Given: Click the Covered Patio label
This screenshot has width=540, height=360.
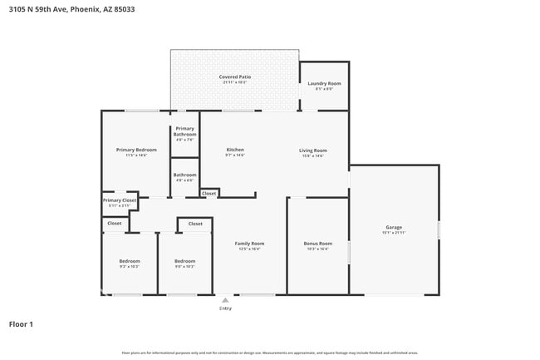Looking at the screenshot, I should pyautogui.click(x=235, y=76).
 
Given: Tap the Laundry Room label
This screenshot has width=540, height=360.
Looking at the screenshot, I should pyautogui.click(x=324, y=83).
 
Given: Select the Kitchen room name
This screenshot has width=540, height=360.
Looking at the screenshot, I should pyautogui.click(x=235, y=150).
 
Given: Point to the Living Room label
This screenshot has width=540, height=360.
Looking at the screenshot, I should pyautogui.click(x=312, y=150).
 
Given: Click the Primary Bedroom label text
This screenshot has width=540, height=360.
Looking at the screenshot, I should pyautogui.click(x=135, y=150).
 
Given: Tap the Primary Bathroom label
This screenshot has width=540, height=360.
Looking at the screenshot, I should pyautogui.click(x=184, y=131).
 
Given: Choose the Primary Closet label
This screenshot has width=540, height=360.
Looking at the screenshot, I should pyautogui.click(x=119, y=200).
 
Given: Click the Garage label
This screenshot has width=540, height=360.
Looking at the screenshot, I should pyautogui.click(x=393, y=227).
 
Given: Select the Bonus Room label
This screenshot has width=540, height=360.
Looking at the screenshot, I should pyautogui.click(x=317, y=244).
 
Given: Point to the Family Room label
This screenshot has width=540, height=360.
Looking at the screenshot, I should pyautogui.click(x=250, y=244).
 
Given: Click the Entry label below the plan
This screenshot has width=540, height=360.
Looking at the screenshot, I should pyautogui.click(x=225, y=308).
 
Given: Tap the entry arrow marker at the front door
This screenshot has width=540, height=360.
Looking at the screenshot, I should pyautogui.click(x=225, y=300).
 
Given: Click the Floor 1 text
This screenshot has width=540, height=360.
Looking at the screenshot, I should pyautogui.click(x=21, y=324).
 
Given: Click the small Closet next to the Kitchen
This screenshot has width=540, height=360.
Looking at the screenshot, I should pyautogui.click(x=209, y=194).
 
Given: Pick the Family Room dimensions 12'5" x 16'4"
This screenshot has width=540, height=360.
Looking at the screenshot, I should pyautogui.click(x=250, y=249).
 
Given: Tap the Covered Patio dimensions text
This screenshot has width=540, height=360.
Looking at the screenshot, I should pyautogui.click(x=235, y=82).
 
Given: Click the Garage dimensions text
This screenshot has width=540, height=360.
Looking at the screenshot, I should pyautogui.click(x=393, y=233).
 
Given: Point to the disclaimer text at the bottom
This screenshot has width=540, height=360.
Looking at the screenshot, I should pyautogui.click(x=270, y=353).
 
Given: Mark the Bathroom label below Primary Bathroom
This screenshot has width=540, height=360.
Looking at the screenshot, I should pyautogui.click(x=184, y=175).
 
